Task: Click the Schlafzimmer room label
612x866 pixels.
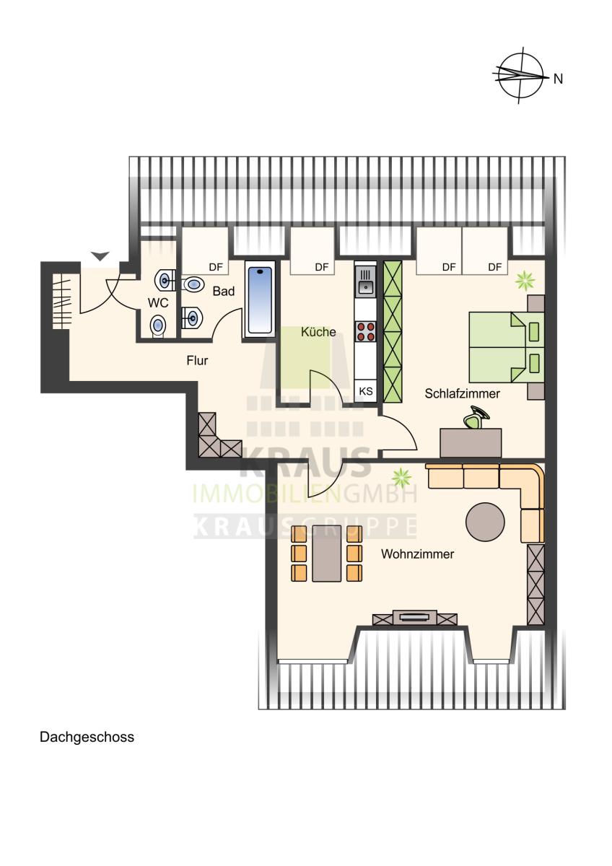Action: pyautogui.click(x=462, y=393)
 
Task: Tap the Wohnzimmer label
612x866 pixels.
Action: pyautogui.click(x=417, y=554)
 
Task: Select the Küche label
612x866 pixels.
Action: pyautogui.click(x=318, y=332)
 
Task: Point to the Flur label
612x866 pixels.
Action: pyautogui.click(x=197, y=360)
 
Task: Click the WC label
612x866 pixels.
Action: pyautogui.click(x=158, y=302)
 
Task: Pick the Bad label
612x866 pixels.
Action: pyautogui.click(x=224, y=291)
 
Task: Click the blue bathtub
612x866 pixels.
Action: pyautogui.click(x=260, y=300)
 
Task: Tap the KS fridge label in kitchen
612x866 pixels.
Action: pyautogui.click(x=366, y=391)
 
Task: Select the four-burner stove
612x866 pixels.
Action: pyautogui.click(x=366, y=331)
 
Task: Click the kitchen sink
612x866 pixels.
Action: pyautogui.click(x=366, y=281)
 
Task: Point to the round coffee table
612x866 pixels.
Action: pyautogui.click(x=485, y=522)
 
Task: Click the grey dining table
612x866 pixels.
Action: pyautogui.click(x=327, y=554)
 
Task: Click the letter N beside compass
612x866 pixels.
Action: pyautogui.click(x=558, y=79)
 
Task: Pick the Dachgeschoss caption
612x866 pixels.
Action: pyautogui.click(x=87, y=737)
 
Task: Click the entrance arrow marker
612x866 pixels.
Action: pyautogui.click(x=100, y=256)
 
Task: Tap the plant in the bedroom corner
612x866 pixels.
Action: pyautogui.click(x=525, y=280)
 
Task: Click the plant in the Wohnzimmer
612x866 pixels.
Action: pyautogui.click(x=402, y=477)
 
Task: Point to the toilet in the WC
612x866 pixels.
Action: pyautogui.click(x=158, y=325)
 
